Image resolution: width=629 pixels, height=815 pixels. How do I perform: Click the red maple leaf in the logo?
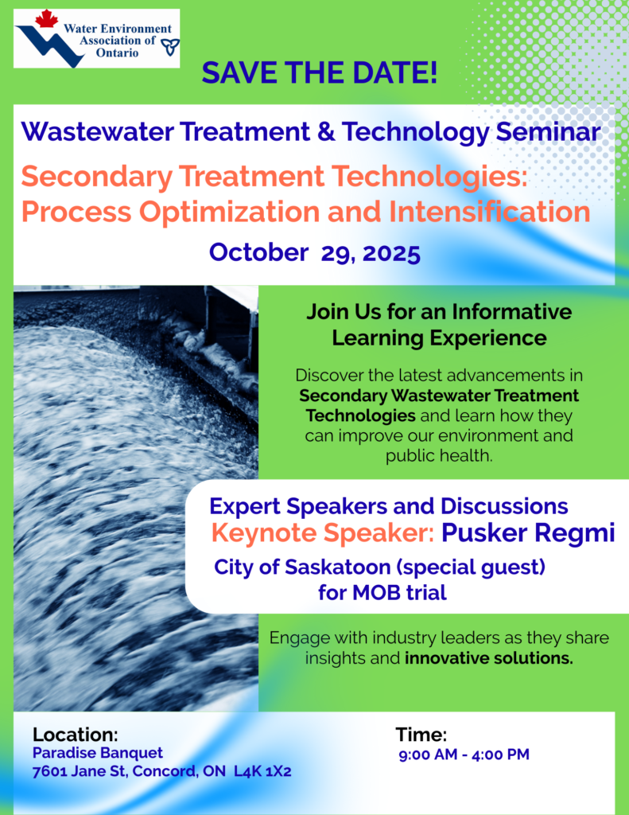pyautogui.click(x=47, y=19)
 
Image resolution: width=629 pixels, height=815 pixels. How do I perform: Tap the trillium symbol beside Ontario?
pyautogui.click(x=170, y=47)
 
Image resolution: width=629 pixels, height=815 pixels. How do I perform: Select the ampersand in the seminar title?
pyautogui.click(x=326, y=131)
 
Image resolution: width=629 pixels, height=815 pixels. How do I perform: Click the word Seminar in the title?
pyautogui.click(x=548, y=131)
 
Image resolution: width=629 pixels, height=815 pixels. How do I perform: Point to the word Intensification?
pyautogui.click(x=489, y=212)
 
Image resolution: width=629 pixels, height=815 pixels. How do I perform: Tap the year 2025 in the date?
pyautogui.click(x=391, y=253)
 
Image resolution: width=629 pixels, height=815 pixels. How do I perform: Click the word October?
pyautogui.click(x=258, y=252)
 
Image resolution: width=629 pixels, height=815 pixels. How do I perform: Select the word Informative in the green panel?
pyautogui.click(x=511, y=312)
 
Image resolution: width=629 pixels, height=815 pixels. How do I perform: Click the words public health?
pyautogui.click(x=439, y=456)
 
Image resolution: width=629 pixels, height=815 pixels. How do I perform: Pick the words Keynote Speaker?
pyautogui.click(x=323, y=532)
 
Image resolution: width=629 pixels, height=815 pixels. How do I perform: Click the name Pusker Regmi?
pyautogui.click(x=528, y=533)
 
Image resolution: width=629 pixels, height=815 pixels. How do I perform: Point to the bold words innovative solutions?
pyautogui.click(x=489, y=658)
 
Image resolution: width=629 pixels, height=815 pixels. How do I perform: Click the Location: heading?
pyautogui.click(x=76, y=735)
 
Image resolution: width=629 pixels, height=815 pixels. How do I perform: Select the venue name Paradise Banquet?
pyautogui.click(x=98, y=753)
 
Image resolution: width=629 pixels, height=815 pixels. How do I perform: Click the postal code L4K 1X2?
pyautogui.click(x=262, y=770)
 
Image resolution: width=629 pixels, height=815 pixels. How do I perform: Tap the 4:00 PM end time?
pyautogui.click(x=500, y=755)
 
